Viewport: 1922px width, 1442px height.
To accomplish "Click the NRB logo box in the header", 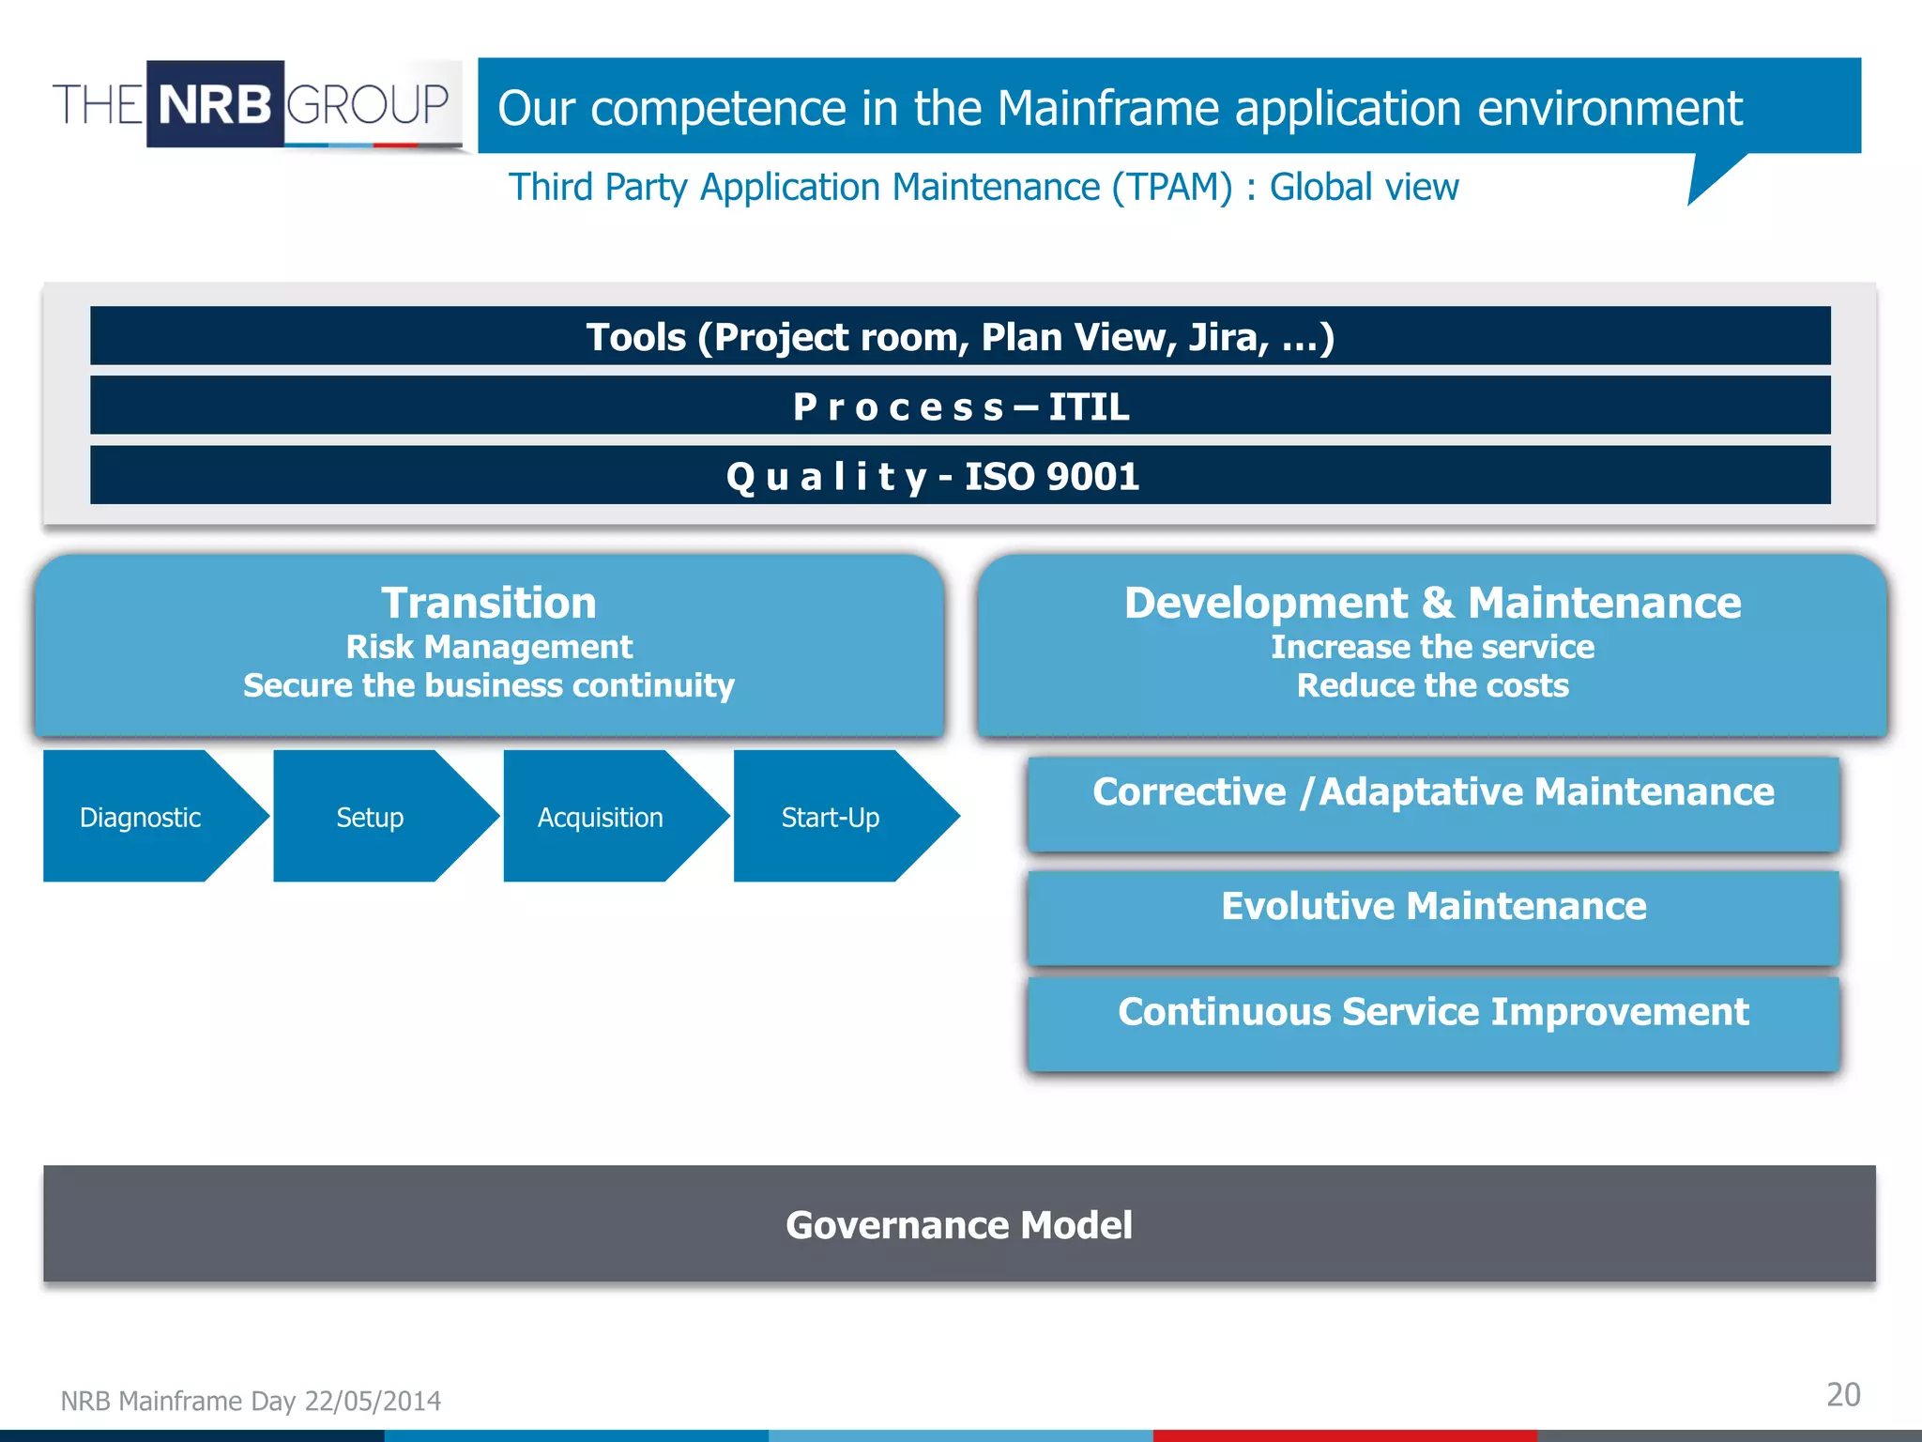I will (x=215, y=104).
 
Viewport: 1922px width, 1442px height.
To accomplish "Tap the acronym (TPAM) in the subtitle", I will (x=1171, y=188).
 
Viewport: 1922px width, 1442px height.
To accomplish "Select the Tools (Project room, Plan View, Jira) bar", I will (x=959, y=337).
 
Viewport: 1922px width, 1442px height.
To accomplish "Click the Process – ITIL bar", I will (x=959, y=407).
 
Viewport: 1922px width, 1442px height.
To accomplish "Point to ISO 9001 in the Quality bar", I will (x=1051, y=477).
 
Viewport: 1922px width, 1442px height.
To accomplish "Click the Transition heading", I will (x=488, y=603).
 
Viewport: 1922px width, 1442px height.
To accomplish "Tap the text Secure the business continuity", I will (x=488, y=686).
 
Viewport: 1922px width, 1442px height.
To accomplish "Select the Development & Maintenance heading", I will (x=1432, y=603).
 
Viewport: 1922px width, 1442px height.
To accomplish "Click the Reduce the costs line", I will (x=1432, y=686).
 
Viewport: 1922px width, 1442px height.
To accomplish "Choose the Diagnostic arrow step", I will (x=141, y=818).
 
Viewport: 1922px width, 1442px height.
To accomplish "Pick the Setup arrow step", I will (x=370, y=818).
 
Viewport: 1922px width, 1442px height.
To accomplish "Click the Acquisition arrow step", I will (x=601, y=818).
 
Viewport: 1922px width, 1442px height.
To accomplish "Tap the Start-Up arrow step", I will (x=831, y=818).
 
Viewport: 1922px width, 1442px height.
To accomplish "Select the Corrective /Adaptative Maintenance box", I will (x=1432, y=804).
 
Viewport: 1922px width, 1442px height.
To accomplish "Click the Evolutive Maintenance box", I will (x=1432, y=916).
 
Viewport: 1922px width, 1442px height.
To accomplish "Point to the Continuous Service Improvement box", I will (x=1432, y=1022).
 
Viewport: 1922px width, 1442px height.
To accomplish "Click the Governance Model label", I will (x=959, y=1225).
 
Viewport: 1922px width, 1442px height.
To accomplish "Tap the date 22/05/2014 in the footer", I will (x=373, y=1401).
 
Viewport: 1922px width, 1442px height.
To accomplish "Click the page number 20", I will (x=1842, y=1394).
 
